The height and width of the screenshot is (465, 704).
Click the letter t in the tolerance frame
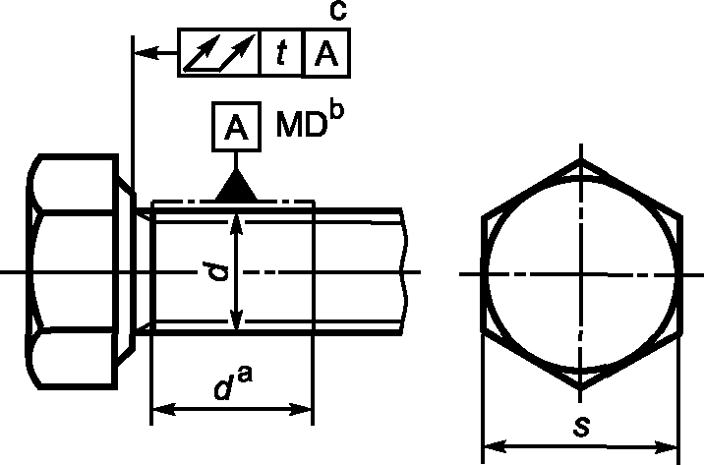pyautogui.click(x=281, y=53)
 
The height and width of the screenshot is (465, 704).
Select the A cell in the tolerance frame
pyautogui.click(x=326, y=53)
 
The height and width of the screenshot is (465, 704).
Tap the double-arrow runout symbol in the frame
pyautogui.click(x=219, y=53)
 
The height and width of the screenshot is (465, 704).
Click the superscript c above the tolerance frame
pyautogui.click(x=337, y=11)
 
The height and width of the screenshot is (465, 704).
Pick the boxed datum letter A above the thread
pyautogui.click(x=236, y=127)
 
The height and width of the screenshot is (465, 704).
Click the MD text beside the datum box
pyautogui.click(x=301, y=124)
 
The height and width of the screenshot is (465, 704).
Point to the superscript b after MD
pyautogui.click(x=336, y=111)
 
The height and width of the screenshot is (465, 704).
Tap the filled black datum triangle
pyautogui.click(x=236, y=185)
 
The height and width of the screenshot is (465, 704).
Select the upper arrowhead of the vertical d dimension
pyautogui.click(x=236, y=224)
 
